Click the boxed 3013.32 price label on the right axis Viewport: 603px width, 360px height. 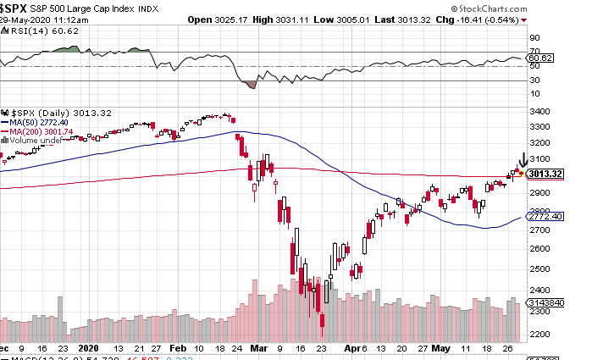pyautogui.click(x=545, y=174)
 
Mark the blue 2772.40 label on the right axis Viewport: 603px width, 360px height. pyautogui.click(x=544, y=218)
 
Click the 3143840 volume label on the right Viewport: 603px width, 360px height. pyautogui.click(x=545, y=302)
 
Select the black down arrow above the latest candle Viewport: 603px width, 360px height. pyautogui.click(x=523, y=158)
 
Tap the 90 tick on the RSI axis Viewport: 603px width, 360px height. pyautogui.click(x=534, y=38)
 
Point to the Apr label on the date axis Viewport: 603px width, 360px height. pyautogui.click(x=351, y=348)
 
